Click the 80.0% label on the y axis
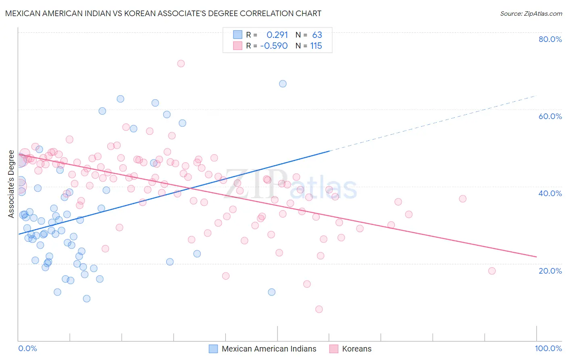coord(550,39)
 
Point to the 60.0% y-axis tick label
coord(550,116)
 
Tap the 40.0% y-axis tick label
coord(550,193)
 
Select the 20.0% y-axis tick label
coord(550,271)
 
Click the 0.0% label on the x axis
coord(27,348)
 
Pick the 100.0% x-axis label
coord(548,348)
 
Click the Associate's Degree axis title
coord(11,184)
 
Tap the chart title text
coord(163,13)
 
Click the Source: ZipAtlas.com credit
coord(531,13)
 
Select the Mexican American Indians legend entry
coord(269,349)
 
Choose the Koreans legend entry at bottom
coord(356,349)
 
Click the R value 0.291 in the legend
coord(277,35)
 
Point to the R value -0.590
coord(274,46)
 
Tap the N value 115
coord(316,46)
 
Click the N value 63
coord(317,35)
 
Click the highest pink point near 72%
coord(181,63)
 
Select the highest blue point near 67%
coord(283,84)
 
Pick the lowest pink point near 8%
coord(319,309)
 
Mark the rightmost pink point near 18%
coord(492,271)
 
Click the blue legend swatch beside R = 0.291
coord(238,35)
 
